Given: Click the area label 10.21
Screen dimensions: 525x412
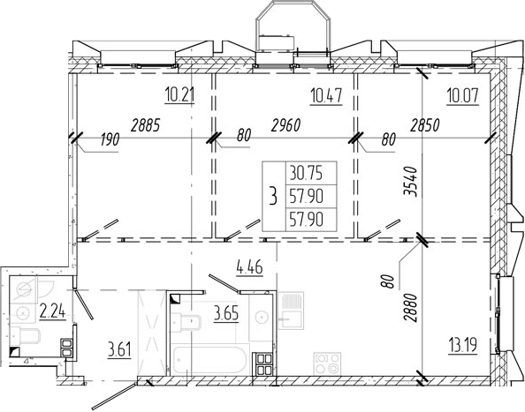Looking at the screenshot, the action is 179,94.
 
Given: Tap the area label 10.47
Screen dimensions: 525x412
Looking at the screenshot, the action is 326,95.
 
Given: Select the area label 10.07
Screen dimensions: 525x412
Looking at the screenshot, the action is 463,95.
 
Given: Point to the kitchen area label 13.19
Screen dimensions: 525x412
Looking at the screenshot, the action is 463,345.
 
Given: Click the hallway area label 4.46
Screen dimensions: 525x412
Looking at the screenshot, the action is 250,267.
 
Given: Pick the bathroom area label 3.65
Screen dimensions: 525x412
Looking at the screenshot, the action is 226,314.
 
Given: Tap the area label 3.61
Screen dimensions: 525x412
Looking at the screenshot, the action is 119,350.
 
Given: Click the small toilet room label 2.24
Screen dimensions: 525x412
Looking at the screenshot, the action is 52,311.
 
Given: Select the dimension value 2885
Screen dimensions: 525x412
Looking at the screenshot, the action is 146,125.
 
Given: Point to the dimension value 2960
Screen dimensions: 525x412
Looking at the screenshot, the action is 285,125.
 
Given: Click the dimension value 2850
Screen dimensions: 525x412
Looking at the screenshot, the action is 424,125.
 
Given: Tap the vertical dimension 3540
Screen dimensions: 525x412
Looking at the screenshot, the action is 411,182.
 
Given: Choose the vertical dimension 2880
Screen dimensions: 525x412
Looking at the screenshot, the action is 411,307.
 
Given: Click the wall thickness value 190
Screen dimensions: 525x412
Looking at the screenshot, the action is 110,139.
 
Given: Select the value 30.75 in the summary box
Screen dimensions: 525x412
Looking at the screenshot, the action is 306,173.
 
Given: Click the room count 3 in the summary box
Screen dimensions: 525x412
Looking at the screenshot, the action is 274,196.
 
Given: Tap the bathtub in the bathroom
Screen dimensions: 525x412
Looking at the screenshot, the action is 210,360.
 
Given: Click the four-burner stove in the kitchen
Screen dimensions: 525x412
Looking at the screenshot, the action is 327,363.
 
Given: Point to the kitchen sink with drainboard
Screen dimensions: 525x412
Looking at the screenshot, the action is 291,311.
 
